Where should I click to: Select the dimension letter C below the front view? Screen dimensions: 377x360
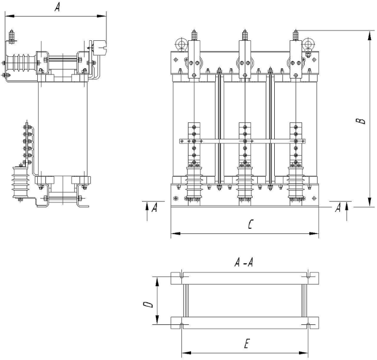[x=250, y=224]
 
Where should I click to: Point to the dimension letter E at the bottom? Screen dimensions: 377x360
[x=247, y=343]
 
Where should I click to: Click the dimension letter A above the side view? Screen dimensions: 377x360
[x=57, y=7]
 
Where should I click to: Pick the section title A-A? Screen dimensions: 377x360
[x=244, y=262]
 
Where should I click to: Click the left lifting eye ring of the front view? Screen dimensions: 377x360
[x=181, y=44]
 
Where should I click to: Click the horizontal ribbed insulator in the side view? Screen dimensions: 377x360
[x=22, y=63]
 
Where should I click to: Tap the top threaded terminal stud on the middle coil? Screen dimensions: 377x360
[x=245, y=35]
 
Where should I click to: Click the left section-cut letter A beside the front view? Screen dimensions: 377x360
[x=154, y=208]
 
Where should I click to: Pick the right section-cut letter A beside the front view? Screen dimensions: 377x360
[x=338, y=208]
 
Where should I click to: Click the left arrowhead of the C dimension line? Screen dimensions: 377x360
[x=176, y=233]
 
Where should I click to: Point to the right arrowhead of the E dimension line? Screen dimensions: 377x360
[x=303, y=353]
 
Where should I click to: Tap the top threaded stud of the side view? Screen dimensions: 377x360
[x=11, y=36]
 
